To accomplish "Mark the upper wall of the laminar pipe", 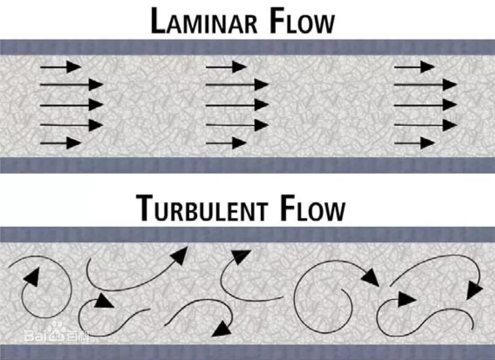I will pos(247,47).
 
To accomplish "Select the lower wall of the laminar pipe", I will pos(247,165).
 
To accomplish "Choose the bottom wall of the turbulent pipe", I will pos(247,352).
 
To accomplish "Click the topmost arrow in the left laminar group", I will pos(60,67).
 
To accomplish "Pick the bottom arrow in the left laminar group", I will pos(60,143).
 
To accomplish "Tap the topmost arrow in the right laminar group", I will pos(414,67).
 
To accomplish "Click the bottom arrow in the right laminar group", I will pos(414,143).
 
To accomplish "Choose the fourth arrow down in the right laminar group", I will pos(425,124).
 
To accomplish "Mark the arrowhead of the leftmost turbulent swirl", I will pos(31,277).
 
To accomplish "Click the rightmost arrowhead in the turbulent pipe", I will pos(474,290).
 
